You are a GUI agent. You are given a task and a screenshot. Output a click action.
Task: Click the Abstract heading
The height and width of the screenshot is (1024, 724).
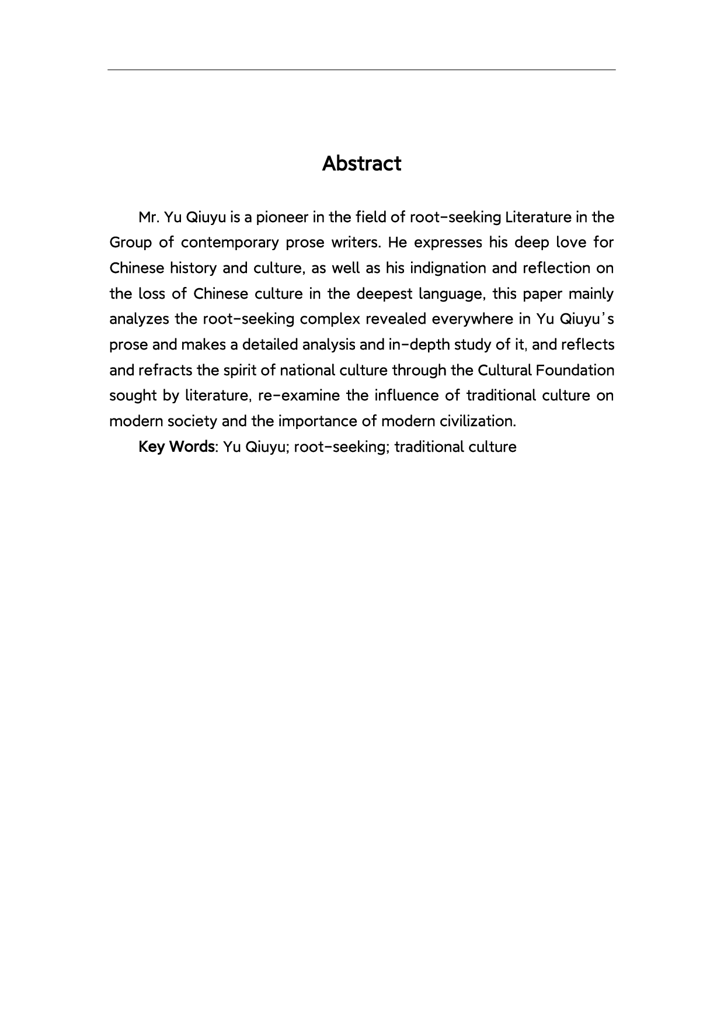(361, 164)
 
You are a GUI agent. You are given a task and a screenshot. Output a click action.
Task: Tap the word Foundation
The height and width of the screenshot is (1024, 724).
(576, 371)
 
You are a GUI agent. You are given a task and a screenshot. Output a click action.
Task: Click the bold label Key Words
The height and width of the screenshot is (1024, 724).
(176, 447)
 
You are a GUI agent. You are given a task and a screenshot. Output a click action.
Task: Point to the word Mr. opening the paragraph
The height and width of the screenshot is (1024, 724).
(149, 217)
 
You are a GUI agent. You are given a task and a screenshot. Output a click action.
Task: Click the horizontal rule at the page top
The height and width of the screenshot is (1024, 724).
(361, 70)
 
